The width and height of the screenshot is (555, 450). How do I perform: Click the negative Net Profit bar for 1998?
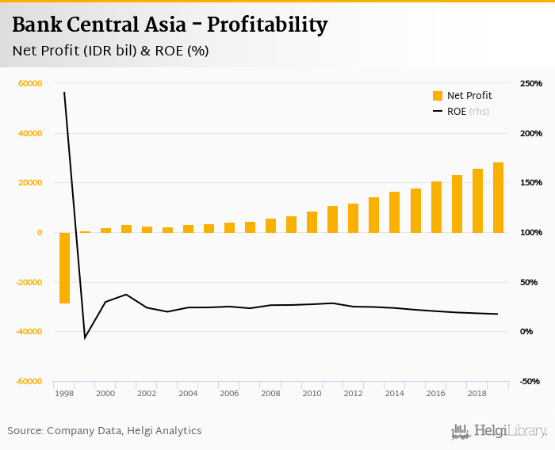click(64, 268)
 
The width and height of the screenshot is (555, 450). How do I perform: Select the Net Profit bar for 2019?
click(498, 197)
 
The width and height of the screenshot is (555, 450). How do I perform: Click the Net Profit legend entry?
click(462, 96)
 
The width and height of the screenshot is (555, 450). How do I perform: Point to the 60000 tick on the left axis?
click(31, 84)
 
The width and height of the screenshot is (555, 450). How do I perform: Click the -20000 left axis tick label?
click(29, 282)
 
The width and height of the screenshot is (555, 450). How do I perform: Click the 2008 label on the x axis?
click(270, 393)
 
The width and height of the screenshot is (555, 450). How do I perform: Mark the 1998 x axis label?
click(64, 393)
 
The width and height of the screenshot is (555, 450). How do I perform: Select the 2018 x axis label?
click(477, 393)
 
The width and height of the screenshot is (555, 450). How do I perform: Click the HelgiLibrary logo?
click(499, 431)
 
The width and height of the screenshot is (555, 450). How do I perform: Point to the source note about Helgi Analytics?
click(105, 431)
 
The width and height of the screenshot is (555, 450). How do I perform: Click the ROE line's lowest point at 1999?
click(85, 337)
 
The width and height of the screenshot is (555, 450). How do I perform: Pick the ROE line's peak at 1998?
click(64, 93)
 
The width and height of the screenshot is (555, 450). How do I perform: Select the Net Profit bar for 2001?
click(126, 229)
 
